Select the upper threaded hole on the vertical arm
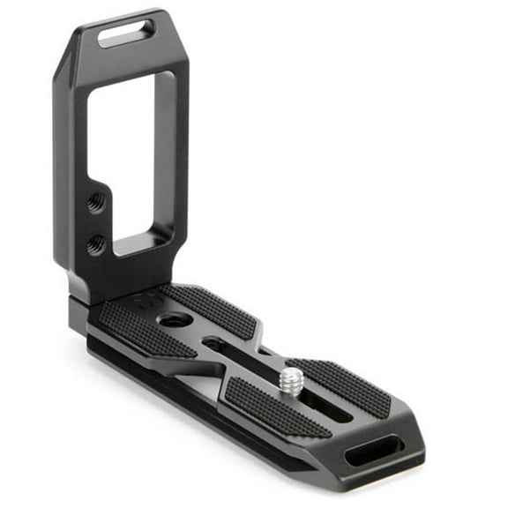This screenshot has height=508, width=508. [96, 202]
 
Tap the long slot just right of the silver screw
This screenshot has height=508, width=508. [331, 415]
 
